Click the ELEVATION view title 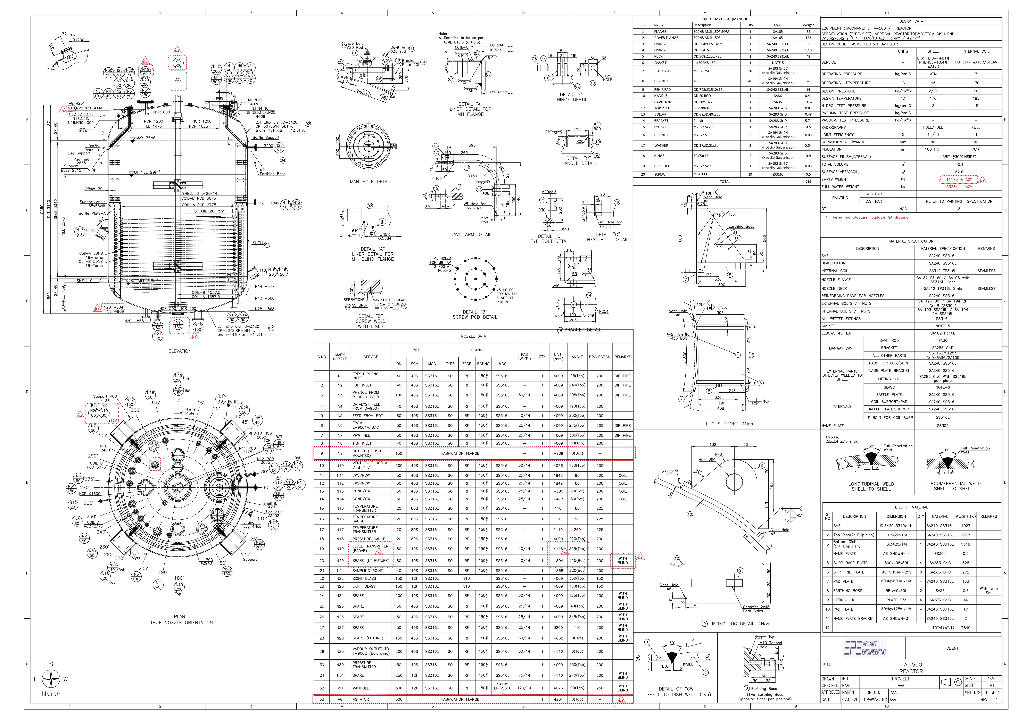pos(180,351)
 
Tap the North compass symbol pos(51,678)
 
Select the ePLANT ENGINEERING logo pos(864,648)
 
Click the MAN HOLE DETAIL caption pos(370,182)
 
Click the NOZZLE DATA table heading pos(473,336)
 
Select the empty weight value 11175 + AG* pos(959,179)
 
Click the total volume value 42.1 pos(959,164)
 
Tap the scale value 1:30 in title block pos(991,679)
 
